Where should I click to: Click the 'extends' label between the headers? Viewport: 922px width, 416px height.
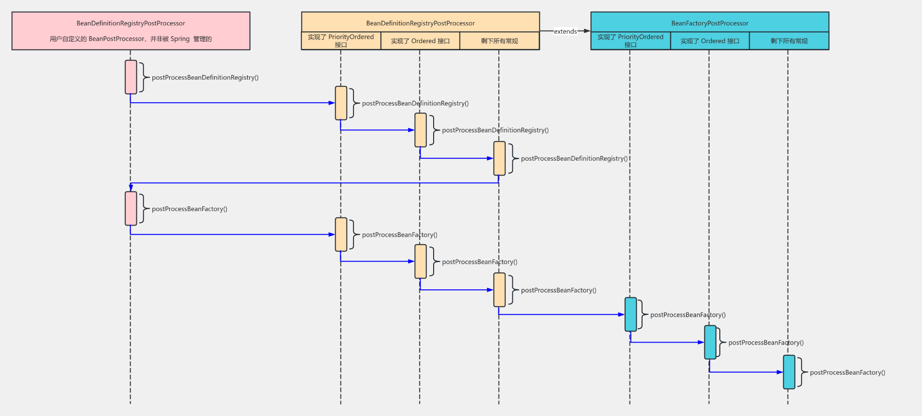565,32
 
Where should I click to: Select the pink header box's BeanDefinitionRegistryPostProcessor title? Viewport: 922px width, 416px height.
131,23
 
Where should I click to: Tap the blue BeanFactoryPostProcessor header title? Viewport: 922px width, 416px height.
710,23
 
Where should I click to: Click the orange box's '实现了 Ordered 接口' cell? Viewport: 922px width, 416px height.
420,41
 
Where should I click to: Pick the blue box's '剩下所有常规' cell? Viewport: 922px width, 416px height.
789,41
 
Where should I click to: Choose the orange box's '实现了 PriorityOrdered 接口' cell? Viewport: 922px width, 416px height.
341,41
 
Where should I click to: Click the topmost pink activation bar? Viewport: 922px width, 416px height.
131,77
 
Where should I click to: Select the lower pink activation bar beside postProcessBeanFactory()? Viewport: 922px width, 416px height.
131,208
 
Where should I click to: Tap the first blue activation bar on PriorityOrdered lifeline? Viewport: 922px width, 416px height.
631,314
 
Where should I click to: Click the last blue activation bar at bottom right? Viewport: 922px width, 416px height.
789,372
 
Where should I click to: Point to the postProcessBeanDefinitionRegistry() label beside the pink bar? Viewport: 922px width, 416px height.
205,77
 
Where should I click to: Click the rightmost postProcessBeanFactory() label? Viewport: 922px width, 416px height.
848,372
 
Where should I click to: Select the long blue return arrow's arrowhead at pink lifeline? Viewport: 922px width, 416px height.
131,188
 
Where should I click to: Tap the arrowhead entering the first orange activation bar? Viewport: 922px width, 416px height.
331,103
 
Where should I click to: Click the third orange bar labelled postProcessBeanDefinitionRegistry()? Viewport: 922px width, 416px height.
499,158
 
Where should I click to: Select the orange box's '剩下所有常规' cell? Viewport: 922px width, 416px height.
499,41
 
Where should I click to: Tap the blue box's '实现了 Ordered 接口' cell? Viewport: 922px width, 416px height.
710,41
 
